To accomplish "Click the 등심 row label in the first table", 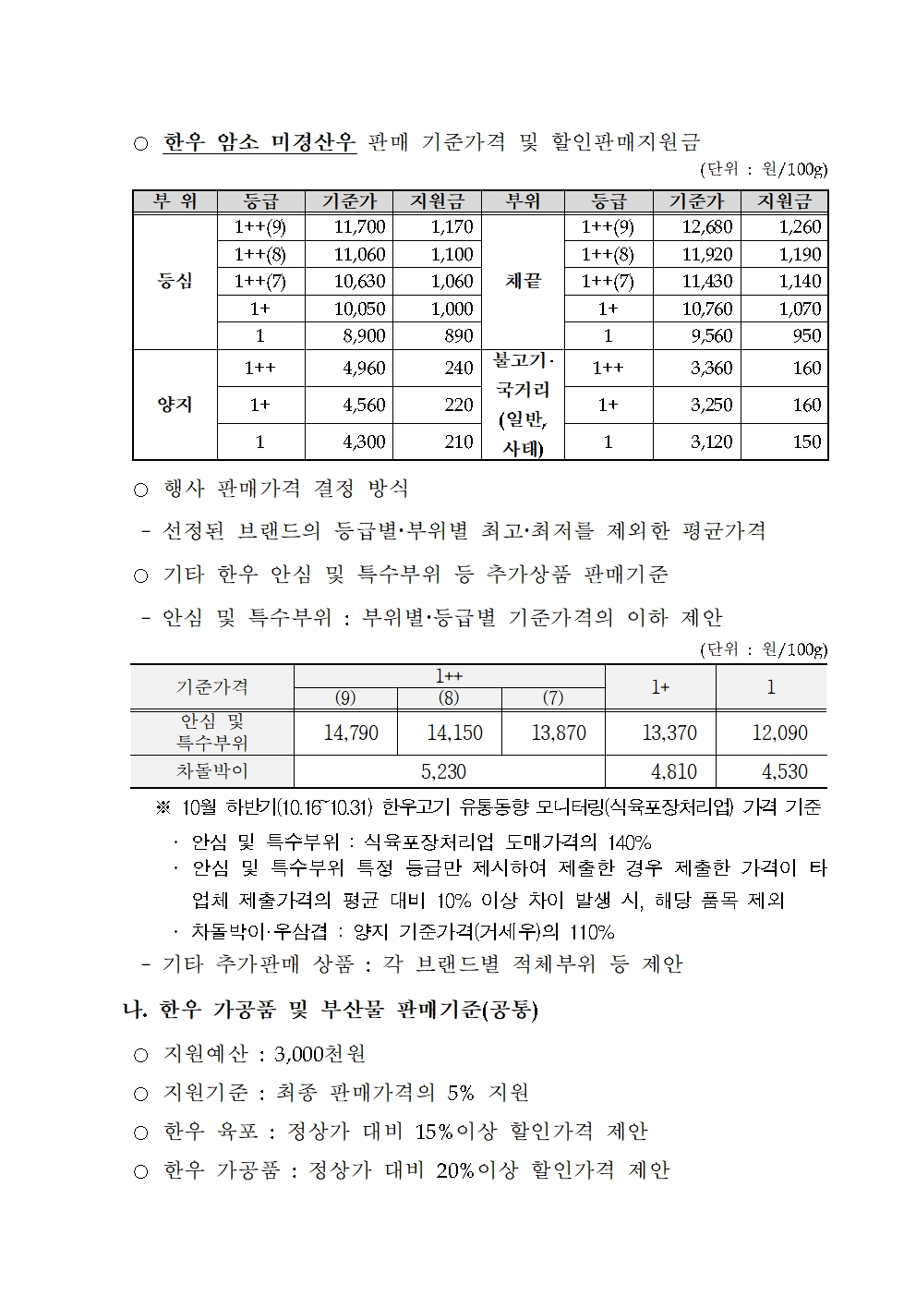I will click(175, 281).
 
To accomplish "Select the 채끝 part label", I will click(523, 281).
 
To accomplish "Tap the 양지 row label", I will click(175, 405).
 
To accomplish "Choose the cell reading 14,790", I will click(351, 733).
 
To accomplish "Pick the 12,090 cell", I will click(779, 733).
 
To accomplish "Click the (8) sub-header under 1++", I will click(449, 698).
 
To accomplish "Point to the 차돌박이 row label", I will click(211, 770).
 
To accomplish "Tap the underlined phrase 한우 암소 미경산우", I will click(259, 142).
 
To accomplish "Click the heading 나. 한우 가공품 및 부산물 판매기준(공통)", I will click(331, 1010).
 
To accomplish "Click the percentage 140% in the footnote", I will click(629, 842).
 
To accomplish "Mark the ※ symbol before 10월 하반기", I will click(163, 807).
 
